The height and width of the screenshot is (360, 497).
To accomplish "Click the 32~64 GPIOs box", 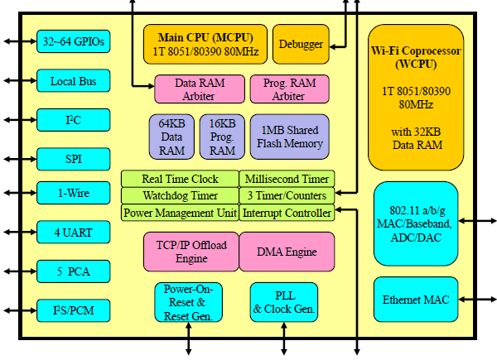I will (x=73, y=41).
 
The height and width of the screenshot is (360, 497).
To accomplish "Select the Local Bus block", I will (x=73, y=81).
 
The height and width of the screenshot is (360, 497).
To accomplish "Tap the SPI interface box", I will (x=73, y=157).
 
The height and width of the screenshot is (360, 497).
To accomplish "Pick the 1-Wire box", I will (x=73, y=194).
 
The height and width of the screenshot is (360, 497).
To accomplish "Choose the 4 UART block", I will (x=73, y=233).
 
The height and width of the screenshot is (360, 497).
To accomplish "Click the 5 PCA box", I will (x=73, y=271).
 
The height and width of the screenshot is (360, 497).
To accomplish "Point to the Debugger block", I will (x=302, y=44).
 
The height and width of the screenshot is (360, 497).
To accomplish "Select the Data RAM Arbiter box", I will (x=200, y=89).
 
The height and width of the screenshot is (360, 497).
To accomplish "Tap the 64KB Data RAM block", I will (x=171, y=137).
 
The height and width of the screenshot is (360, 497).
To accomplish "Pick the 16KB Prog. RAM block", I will (x=222, y=137).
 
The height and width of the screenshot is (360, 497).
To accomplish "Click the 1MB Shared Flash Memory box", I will (x=289, y=137).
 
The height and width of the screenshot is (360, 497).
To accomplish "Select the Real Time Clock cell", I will (x=180, y=179).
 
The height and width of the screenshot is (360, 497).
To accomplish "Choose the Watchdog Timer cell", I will (x=180, y=196).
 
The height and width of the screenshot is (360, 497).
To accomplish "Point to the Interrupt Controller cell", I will (x=287, y=213).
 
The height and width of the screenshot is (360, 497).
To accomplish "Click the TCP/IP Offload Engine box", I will (x=191, y=251).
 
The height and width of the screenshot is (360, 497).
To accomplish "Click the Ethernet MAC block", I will (x=416, y=299).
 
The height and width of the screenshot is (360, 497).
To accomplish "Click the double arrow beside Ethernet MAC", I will (x=477, y=299).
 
